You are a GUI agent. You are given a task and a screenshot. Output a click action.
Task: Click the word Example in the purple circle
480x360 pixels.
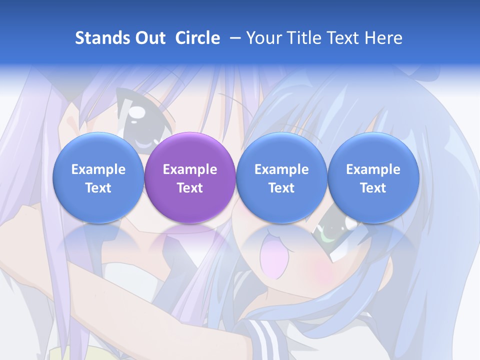(190, 169)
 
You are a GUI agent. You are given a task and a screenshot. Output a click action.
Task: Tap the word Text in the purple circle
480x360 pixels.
(190, 188)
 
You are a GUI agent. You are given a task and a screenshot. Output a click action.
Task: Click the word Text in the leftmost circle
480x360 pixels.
(98, 188)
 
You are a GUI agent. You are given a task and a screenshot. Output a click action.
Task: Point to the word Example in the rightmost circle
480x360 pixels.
(373, 169)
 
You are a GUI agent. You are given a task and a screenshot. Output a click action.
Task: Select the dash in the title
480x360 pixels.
(233, 38)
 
